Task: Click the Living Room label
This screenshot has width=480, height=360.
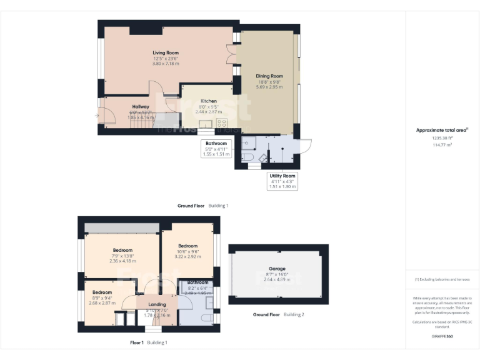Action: tap(166, 52)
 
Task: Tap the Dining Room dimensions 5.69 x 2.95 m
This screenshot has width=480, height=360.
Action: tap(269, 87)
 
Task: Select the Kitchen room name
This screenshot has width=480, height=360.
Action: tap(208, 101)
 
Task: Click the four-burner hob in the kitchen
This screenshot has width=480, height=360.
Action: tap(222, 123)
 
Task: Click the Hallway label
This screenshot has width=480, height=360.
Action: tap(140, 107)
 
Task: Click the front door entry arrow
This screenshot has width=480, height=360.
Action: tap(96, 116)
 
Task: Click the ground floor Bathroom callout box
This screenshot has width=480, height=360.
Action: tap(216, 148)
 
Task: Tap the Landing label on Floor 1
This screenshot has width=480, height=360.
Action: tap(157, 304)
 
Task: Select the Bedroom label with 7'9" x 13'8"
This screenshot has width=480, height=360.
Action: tap(122, 250)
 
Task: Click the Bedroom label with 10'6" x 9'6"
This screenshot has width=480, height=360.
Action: tap(187, 246)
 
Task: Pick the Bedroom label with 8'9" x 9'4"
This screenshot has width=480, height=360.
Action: tap(102, 292)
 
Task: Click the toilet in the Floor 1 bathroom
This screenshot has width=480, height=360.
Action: tap(206, 317)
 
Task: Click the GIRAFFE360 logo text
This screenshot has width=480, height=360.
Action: tap(442, 336)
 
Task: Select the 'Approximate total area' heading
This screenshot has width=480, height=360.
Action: tap(442, 130)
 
